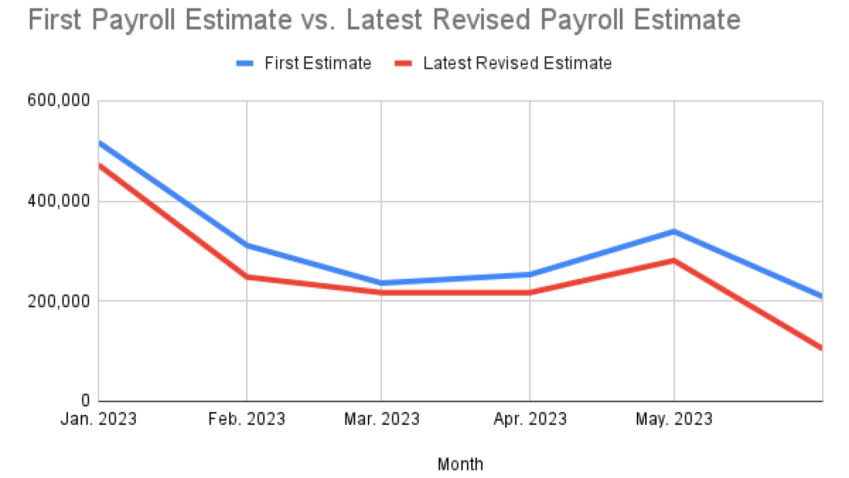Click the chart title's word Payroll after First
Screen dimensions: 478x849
[x=133, y=20]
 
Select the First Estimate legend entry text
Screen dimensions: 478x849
[x=318, y=63]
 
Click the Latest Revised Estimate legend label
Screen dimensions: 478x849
[x=517, y=63]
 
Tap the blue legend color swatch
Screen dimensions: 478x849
[x=245, y=64]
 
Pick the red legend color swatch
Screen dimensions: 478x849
[x=403, y=64]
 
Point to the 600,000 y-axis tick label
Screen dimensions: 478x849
[x=59, y=100]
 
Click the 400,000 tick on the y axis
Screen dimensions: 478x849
[x=59, y=201]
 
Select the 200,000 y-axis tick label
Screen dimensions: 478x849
[x=59, y=301]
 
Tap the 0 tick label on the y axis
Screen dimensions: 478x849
[x=85, y=401]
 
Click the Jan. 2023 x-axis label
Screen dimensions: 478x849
[x=99, y=419]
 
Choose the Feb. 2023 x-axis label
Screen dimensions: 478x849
[x=247, y=419]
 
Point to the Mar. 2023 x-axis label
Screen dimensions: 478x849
[x=382, y=419]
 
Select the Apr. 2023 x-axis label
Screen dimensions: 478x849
[x=530, y=419]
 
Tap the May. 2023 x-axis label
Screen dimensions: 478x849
[x=674, y=419]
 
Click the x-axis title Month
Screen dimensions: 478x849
[x=460, y=464]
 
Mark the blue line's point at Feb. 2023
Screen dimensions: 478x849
[x=247, y=245]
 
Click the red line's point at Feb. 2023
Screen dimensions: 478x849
[x=247, y=277]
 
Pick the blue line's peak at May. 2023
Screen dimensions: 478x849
[x=674, y=232]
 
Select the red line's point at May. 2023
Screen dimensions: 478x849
[x=674, y=260]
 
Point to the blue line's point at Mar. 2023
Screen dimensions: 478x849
[x=382, y=283]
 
